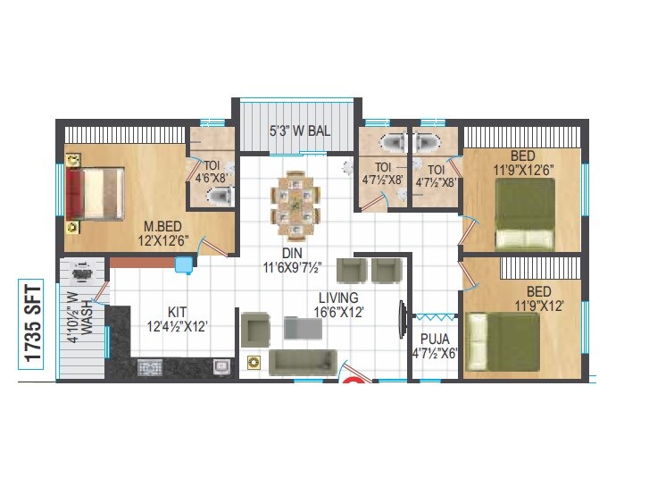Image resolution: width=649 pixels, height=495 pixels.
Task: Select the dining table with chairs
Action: (295, 201)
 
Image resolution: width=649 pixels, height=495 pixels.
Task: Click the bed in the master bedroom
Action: (92, 194)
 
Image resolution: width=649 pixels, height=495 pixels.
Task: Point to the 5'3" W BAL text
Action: (300, 130)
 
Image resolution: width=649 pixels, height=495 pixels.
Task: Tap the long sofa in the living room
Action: (301, 361)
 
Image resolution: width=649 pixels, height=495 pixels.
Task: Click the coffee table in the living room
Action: (302, 328)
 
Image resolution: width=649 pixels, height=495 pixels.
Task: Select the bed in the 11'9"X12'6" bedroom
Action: (525, 214)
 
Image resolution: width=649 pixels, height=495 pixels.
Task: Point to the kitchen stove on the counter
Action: (150, 366)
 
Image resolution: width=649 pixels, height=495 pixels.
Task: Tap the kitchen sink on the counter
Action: (221, 365)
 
